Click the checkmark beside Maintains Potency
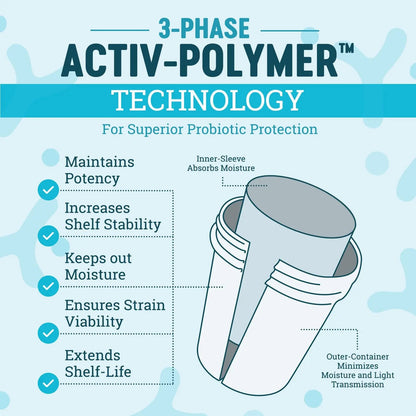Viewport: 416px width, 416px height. tap(48, 190)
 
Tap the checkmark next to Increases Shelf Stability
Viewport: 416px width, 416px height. tap(48, 236)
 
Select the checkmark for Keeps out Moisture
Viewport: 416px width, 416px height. tap(48, 286)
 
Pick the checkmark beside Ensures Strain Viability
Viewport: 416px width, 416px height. tap(48, 333)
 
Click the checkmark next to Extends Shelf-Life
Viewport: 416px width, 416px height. tap(48, 383)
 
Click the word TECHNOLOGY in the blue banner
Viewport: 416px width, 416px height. tap(207, 101)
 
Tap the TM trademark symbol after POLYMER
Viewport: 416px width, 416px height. tap(346, 49)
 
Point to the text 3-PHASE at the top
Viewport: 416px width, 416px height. tap(204, 28)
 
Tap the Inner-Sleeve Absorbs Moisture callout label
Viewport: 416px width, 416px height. tap(221, 163)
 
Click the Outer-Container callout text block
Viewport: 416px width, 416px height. tap(358, 370)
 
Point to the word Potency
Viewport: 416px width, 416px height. tap(92, 179)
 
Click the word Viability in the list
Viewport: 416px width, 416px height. tap(94, 322)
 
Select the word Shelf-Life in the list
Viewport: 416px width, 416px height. tap(98, 372)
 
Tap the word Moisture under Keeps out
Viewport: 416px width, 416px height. tap(95, 275)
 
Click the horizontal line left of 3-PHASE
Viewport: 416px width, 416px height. tap(120, 30)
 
